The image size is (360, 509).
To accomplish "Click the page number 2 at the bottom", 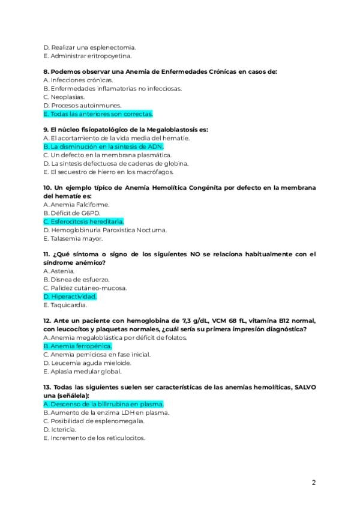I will [313, 482].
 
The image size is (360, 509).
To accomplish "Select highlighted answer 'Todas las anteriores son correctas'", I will [98, 114].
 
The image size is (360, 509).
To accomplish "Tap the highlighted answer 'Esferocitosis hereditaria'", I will [83, 221].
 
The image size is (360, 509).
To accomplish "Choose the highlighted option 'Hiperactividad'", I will [70, 296].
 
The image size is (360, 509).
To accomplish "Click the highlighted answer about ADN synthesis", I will [103, 146].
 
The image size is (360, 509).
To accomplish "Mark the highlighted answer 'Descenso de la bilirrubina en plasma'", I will [103, 404].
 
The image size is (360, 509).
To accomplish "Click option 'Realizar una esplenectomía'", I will [90, 47].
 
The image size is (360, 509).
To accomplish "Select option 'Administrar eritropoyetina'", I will [91, 56].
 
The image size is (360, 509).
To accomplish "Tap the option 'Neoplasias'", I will [64, 97].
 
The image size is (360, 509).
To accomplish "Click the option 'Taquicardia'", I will [65, 304].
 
